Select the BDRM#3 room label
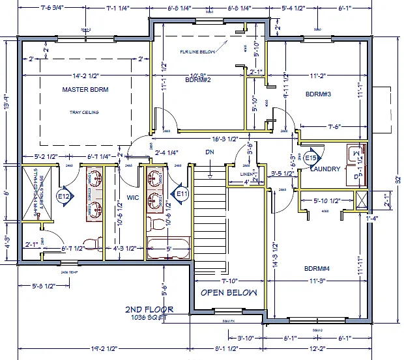(x=319, y=94)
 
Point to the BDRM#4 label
(x=317, y=268)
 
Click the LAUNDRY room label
(x=325, y=169)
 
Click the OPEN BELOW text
(x=228, y=292)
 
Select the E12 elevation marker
(x=63, y=196)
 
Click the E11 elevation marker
(x=181, y=193)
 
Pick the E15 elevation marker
(x=311, y=158)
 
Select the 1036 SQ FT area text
(x=149, y=318)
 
